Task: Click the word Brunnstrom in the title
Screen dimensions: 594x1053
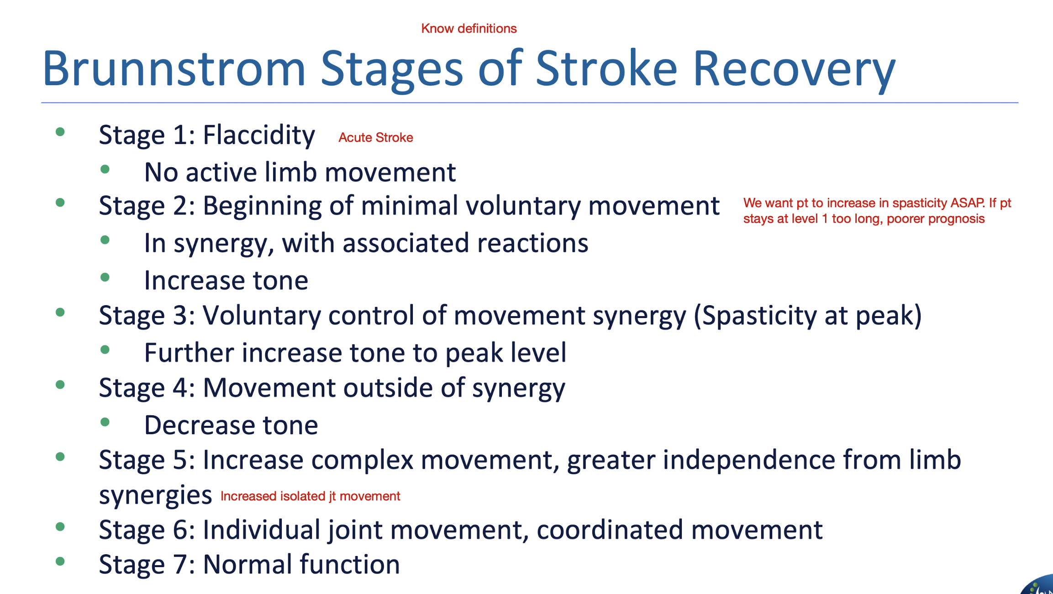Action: coord(174,69)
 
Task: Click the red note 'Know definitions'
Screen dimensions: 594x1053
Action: coord(469,28)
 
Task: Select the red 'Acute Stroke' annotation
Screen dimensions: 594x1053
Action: coord(375,138)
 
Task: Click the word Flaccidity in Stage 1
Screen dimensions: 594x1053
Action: coord(258,135)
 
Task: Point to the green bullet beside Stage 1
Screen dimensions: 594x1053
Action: coord(60,133)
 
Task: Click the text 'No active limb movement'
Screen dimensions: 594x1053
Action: coord(300,172)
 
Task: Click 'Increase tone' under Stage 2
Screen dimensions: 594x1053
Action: coord(226,280)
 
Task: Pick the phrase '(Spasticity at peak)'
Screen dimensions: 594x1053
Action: coord(807,315)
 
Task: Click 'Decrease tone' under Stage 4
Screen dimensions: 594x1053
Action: coord(231,425)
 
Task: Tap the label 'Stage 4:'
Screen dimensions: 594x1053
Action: coord(147,388)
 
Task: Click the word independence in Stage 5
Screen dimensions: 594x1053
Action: coord(749,460)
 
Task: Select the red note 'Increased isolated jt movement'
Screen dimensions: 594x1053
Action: coord(310,496)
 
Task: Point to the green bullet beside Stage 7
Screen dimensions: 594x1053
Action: coord(60,562)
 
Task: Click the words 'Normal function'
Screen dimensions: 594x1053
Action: coord(301,564)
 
